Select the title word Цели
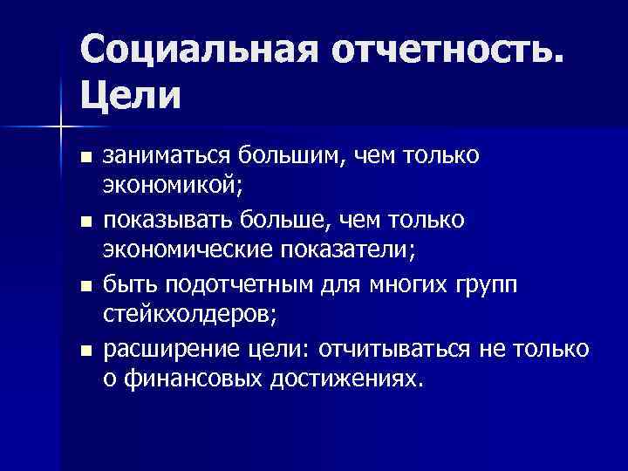click(x=132, y=93)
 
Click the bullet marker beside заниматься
click(x=85, y=157)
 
